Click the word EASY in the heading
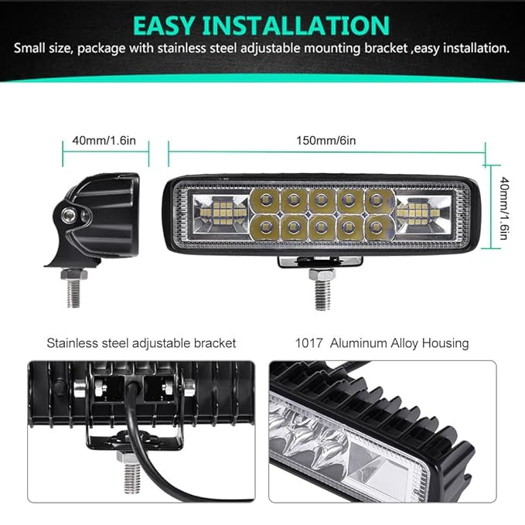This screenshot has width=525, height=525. tap(163, 26)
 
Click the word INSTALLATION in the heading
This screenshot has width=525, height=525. tap(296, 26)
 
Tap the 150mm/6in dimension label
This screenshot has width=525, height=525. tap(326, 140)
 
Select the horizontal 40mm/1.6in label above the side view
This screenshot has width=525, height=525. tap(104, 140)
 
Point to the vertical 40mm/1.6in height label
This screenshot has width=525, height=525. tap(504, 208)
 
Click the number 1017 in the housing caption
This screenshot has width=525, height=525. tap(309, 343)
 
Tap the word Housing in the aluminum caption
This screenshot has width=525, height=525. tap(445, 343)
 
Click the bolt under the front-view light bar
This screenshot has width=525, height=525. tap(322, 289)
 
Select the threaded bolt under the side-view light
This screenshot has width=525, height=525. tap(73, 288)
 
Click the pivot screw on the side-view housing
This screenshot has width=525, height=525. tap(68, 213)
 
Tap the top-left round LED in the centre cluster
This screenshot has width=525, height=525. tap(265, 200)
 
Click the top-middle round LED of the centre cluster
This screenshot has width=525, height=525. tap(321, 200)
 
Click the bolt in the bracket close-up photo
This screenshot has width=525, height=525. tap(131, 472)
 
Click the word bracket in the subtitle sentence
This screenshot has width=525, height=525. tap(386, 49)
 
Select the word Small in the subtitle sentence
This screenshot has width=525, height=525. tap(29, 49)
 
